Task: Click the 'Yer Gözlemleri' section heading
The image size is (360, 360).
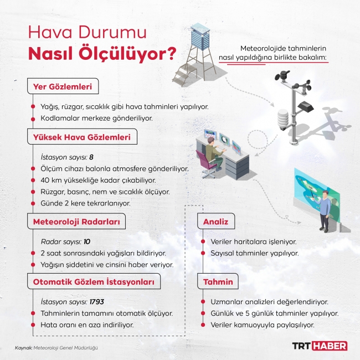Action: point(64,86)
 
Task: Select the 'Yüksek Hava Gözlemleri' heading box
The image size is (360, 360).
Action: point(82,137)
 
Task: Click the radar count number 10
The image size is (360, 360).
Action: point(86,242)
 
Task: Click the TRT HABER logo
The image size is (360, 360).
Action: point(320,346)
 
